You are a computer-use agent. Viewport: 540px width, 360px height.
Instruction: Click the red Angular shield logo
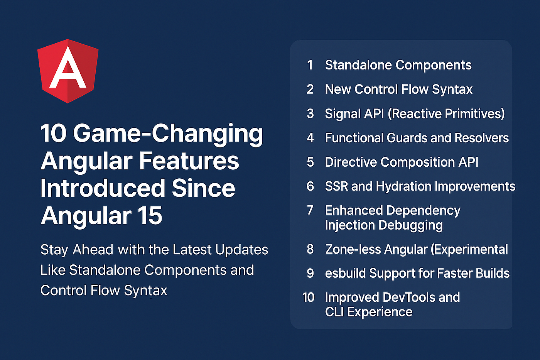(68, 71)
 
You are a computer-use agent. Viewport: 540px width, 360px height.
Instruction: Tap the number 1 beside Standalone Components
(310, 65)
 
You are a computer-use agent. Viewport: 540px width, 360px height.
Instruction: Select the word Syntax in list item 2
(452, 90)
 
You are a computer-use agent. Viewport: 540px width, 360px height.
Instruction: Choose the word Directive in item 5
(351, 162)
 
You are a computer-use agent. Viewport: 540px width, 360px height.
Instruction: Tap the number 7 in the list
(310, 210)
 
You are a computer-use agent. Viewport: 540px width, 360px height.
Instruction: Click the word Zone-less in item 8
(353, 249)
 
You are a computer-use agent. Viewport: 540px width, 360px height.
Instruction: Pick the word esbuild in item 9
(345, 273)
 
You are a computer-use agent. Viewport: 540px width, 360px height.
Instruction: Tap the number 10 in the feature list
(308, 297)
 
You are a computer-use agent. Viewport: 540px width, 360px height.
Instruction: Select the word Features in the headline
(189, 161)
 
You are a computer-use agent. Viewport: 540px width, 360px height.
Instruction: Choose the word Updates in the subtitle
(242, 250)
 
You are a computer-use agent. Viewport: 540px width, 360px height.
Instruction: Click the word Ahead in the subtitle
(93, 250)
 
